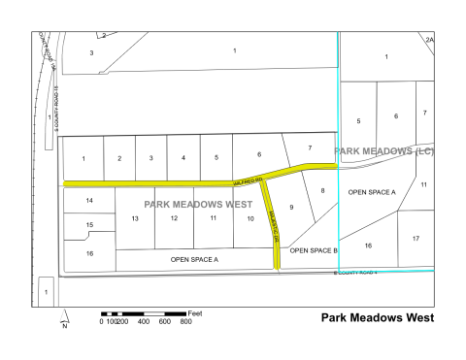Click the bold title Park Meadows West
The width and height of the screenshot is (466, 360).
tap(377, 317)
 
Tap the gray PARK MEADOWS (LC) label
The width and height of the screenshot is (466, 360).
tap(383, 152)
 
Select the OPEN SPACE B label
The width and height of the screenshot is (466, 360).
tap(314, 250)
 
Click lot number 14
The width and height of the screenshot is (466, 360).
tap(89, 201)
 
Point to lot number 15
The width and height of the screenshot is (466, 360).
tap(89, 225)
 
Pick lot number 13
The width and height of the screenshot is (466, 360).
tap(136, 218)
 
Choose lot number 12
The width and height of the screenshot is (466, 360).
tap(174, 218)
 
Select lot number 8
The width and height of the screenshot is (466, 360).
tap(323, 190)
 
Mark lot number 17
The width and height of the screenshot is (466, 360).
tap(416, 238)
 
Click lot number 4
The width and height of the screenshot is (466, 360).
tap(183, 158)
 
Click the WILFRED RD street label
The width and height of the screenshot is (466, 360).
tap(249, 181)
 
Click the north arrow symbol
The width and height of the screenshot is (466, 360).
tap(65, 319)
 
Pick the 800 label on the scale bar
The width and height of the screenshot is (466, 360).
tap(185, 322)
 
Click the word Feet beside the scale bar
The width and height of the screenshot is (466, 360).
tap(195, 312)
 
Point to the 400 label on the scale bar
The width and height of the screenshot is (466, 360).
tap(143, 322)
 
